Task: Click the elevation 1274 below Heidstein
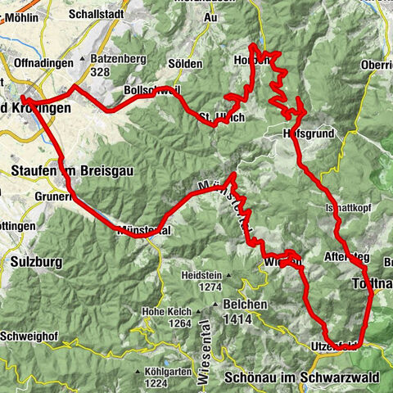pyautogui.click(x=210, y=287)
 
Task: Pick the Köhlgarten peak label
pyautogui.click(x=160, y=371)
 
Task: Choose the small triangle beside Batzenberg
pyautogui.click(x=84, y=60)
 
